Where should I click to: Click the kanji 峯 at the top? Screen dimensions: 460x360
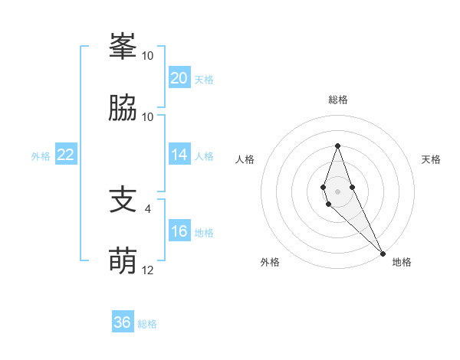[x=122, y=47]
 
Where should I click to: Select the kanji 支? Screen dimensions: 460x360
[x=122, y=201]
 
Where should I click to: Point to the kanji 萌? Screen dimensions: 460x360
[x=122, y=261]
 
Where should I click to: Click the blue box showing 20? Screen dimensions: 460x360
[x=179, y=78]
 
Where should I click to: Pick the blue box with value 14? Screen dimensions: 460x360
[x=179, y=155]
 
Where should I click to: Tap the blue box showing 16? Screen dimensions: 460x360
[x=179, y=231]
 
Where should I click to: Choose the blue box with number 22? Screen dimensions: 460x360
[x=66, y=155]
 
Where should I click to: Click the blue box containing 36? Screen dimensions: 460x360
[x=123, y=322]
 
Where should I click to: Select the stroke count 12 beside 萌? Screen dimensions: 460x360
[x=148, y=270]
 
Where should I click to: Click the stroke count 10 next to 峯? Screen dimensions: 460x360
[x=148, y=56]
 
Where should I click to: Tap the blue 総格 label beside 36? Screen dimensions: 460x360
[x=147, y=324]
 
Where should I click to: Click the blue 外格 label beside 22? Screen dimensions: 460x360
[x=41, y=156]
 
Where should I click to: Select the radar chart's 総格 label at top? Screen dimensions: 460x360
[x=338, y=100]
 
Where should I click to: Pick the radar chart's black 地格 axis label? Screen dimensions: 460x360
[x=402, y=262]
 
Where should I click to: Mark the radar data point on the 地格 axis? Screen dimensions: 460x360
[x=383, y=253]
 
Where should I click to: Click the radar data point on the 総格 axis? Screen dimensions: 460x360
[x=338, y=146]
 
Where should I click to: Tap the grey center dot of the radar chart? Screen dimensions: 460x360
[x=338, y=191]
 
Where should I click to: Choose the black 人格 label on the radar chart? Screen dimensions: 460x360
[x=245, y=159]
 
